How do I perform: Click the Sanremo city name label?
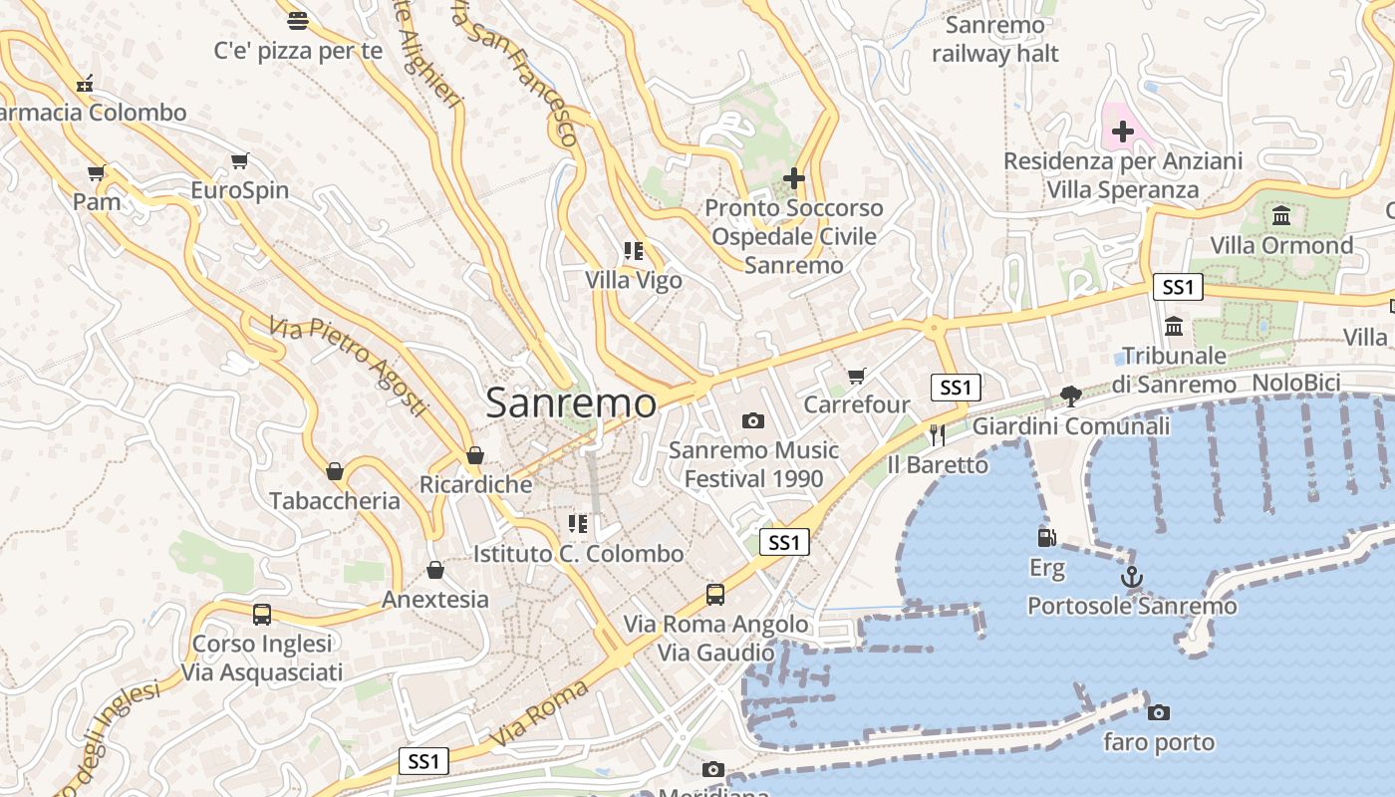click(x=571, y=403)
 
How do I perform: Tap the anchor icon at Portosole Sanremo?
click(x=1131, y=577)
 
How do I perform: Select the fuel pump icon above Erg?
click(x=1046, y=538)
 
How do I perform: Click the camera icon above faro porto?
click(x=1158, y=712)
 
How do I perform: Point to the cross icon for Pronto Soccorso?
click(x=794, y=178)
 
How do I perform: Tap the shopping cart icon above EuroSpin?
click(x=239, y=160)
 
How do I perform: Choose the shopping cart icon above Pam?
click(x=97, y=172)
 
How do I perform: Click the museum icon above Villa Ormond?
click(x=1281, y=215)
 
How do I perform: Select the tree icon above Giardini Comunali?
click(x=1071, y=397)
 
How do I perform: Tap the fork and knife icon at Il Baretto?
click(x=937, y=434)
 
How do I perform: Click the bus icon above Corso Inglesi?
click(x=262, y=615)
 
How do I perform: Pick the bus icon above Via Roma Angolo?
click(x=715, y=595)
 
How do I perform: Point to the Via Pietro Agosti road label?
click(x=348, y=366)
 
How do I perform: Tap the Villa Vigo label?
click(x=634, y=280)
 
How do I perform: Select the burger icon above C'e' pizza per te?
click(x=297, y=20)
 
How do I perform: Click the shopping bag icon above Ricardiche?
click(x=475, y=455)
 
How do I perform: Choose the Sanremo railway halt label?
click(x=995, y=40)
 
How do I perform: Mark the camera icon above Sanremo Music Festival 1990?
click(x=753, y=421)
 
